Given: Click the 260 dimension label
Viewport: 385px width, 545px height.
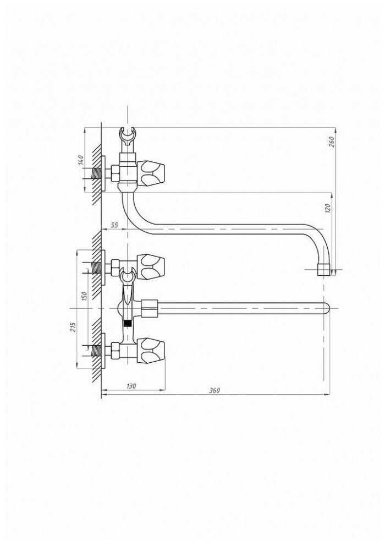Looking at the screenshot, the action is pyautogui.click(x=331, y=142).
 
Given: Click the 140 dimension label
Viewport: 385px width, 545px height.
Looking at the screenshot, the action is pyautogui.click(x=81, y=161).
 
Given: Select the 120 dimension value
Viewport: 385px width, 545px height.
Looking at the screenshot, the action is pyautogui.click(x=328, y=208).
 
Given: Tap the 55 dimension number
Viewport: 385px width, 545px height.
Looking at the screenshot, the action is pyautogui.click(x=114, y=225).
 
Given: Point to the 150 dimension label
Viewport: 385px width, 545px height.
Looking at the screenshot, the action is pyautogui.click(x=84, y=296).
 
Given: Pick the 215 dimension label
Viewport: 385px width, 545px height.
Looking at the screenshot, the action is pyautogui.click(x=73, y=326).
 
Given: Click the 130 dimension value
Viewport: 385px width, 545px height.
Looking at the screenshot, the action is pyautogui.click(x=131, y=386).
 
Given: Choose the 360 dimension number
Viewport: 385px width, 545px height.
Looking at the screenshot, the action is pyautogui.click(x=214, y=390).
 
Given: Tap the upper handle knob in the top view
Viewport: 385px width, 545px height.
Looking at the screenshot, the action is pyautogui.click(x=151, y=267).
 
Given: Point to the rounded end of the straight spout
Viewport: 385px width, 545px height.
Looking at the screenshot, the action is pyautogui.click(x=326, y=308).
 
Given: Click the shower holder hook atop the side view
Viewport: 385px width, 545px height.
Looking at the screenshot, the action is pyautogui.click(x=128, y=137).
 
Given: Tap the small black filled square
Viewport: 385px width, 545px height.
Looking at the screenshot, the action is pyautogui.click(x=128, y=323).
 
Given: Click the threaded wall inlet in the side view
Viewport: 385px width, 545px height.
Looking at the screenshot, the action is pyautogui.click(x=97, y=173).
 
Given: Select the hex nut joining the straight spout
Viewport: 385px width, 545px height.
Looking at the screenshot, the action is pyautogui.click(x=150, y=308).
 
